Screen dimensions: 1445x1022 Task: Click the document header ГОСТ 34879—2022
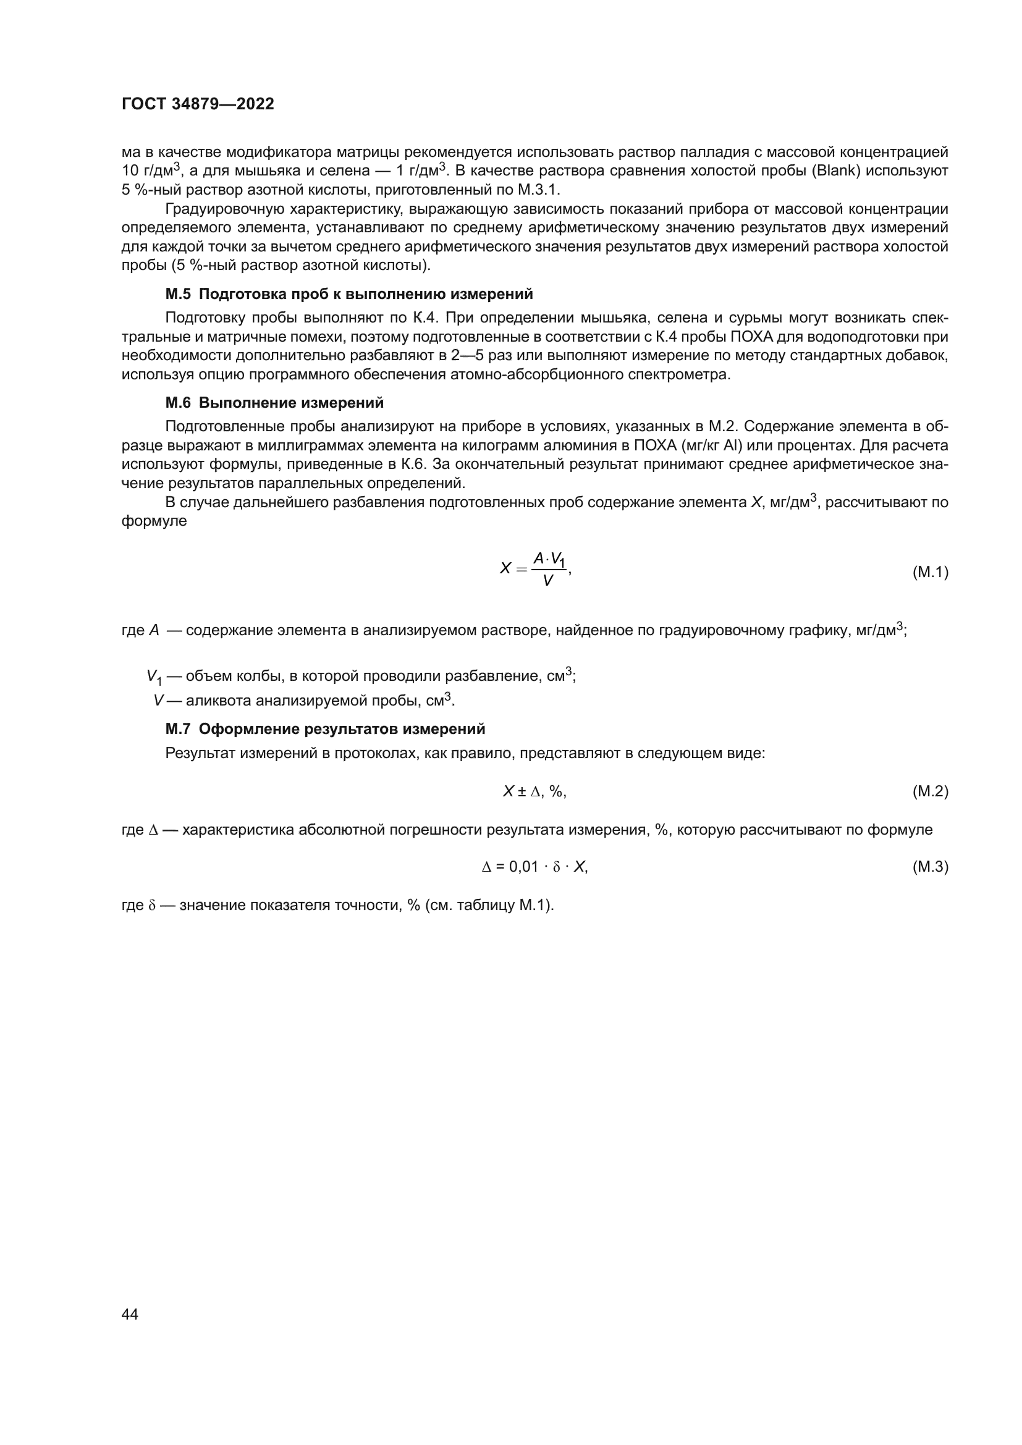click(198, 104)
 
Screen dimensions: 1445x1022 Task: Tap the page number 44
click(130, 1314)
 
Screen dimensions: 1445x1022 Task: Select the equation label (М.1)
click(930, 572)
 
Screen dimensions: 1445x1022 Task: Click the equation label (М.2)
click(930, 792)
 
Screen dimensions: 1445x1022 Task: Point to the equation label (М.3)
click(930, 867)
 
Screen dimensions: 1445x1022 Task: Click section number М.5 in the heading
click(177, 294)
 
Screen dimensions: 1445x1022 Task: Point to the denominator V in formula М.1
click(547, 581)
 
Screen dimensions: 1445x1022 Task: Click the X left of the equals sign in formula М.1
click(505, 569)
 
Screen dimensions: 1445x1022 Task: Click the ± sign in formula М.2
click(522, 792)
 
